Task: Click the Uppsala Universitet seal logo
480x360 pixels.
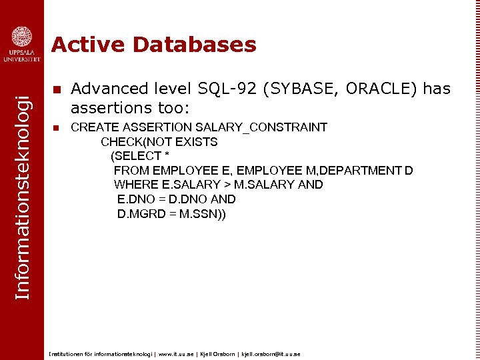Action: [21, 36]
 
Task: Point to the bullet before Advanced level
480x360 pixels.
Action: [57, 89]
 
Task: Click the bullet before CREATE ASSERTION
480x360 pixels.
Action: [57, 127]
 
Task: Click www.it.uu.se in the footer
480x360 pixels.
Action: [177, 354]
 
